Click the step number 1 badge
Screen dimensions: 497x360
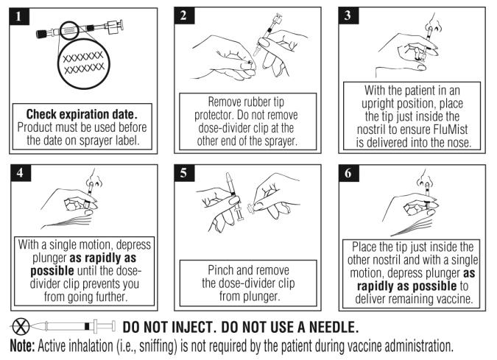pyautogui.click(x=19, y=16)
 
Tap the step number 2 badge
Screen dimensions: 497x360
pyautogui.click(x=184, y=15)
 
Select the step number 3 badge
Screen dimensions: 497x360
pyautogui.click(x=348, y=15)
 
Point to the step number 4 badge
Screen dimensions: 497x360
pyautogui.click(x=21, y=173)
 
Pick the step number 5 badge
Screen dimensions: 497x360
pyautogui.click(x=184, y=173)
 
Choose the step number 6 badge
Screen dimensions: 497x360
pyautogui.click(x=349, y=173)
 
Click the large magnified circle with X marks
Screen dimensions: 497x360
pyautogui.click(x=83, y=63)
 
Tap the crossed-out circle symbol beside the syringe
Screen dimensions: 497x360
pyautogui.click(x=21, y=326)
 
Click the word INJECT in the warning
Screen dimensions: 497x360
pyautogui.click(x=189, y=328)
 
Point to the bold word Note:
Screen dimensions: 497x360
pyautogui.click(x=22, y=346)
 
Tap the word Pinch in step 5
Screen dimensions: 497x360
pyautogui.click(x=220, y=270)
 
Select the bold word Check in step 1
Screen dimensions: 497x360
pyautogui.click(x=41, y=114)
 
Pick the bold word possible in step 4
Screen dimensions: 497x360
pyautogui.click(x=52, y=271)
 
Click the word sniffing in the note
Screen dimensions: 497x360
pyautogui.click(x=158, y=346)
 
